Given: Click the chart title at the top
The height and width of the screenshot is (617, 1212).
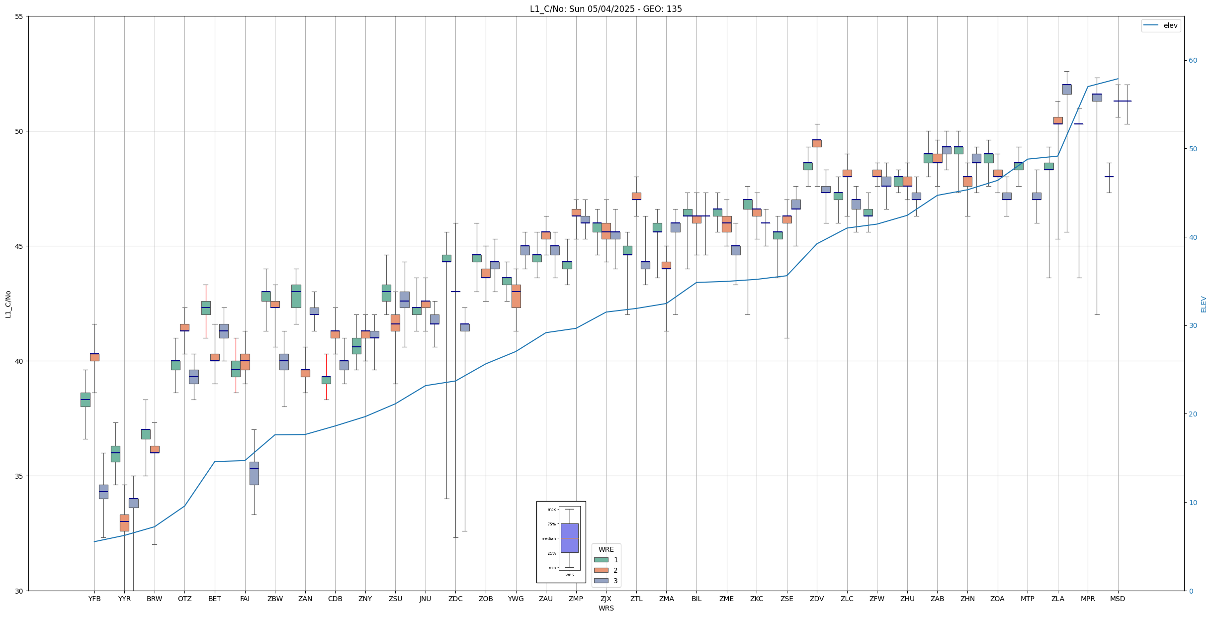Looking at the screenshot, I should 606,9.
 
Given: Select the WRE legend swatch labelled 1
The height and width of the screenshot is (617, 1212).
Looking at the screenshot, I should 601,560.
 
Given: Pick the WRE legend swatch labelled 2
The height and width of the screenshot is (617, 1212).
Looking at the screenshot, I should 601,570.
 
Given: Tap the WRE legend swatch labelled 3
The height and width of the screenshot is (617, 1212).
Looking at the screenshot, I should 601,581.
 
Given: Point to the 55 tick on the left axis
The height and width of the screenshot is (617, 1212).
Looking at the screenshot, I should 19,16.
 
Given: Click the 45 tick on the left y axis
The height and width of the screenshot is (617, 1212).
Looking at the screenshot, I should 19,246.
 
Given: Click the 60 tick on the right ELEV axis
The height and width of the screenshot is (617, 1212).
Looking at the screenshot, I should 1193,61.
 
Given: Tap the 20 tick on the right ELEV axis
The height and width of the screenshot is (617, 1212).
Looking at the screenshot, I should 1193,414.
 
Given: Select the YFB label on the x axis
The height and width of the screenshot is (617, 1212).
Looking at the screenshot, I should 94,599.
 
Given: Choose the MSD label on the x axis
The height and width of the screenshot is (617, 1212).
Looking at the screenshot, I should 1118,599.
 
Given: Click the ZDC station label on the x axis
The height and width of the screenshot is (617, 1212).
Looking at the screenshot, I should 455,599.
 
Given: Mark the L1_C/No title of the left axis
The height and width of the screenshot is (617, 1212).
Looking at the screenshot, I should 8,304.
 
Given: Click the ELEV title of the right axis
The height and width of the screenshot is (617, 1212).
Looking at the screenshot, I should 1204,304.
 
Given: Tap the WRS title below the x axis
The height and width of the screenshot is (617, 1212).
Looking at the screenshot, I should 606,608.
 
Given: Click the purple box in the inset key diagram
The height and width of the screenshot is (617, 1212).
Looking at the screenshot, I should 569,538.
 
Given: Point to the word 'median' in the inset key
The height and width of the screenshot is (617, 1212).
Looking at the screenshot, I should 549,538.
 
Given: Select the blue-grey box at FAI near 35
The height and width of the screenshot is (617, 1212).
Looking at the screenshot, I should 254,473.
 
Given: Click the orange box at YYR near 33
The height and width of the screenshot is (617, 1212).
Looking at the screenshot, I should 124,522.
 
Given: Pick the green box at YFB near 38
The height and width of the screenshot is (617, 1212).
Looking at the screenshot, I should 86,400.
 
